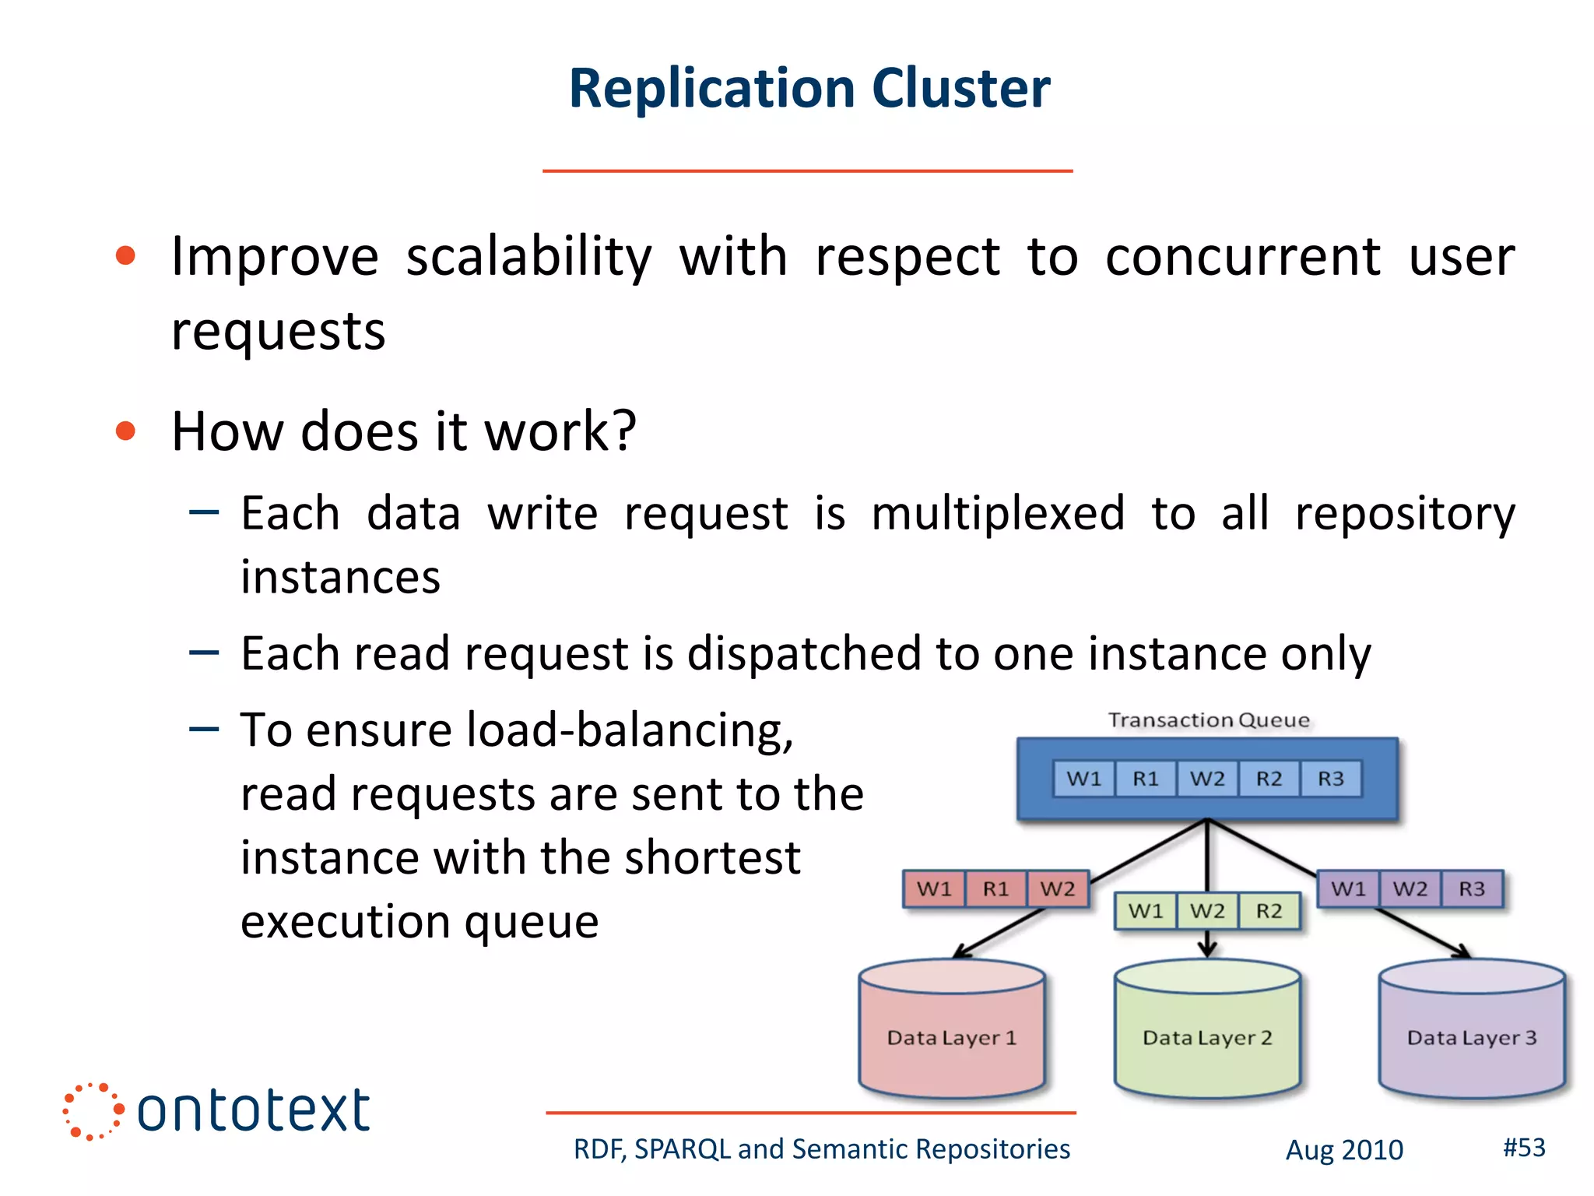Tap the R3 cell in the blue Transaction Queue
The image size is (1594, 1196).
[1331, 779]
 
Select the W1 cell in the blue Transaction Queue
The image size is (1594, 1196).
[1084, 779]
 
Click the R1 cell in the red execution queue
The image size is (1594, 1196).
[995, 889]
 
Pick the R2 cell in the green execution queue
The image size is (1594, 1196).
[1269, 911]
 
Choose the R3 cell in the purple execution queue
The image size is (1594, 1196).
[1471, 889]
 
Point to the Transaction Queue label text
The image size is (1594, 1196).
[1209, 720]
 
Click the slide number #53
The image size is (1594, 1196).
[1524, 1147]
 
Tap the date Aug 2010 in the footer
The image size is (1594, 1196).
[1344, 1150]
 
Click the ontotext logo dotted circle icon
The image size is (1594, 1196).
[92, 1111]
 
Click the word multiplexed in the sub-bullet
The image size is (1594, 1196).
[998, 514]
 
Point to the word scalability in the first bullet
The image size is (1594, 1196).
[528, 257]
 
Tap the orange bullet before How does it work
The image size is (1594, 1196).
[125, 431]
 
